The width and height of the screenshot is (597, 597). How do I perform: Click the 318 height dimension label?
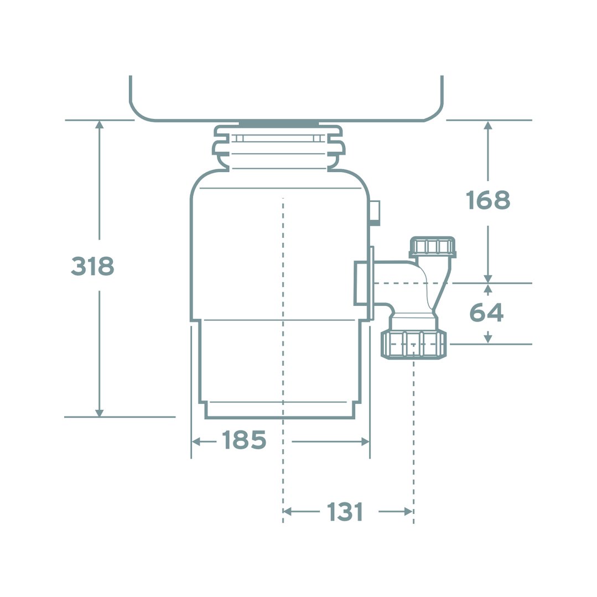click(92, 266)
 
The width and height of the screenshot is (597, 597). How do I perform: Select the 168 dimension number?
click(487, 200)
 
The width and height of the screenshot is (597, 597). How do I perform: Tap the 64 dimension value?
click(486, 313)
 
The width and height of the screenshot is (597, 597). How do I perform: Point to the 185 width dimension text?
click(244, 440)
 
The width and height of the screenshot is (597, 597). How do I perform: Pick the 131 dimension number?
click(344, 512)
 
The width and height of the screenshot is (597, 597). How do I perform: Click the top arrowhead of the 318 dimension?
click(100, 125)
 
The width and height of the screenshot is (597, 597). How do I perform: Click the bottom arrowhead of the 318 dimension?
click(100, 413)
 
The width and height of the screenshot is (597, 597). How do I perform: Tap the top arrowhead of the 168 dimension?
click(487, 126)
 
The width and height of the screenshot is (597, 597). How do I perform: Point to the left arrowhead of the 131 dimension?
click(287, 512)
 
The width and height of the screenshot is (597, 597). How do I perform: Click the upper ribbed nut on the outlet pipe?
click(433, 247)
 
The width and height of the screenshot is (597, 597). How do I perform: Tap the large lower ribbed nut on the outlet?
click(413, 344)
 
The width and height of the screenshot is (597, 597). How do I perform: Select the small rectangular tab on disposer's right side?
click(375, 213)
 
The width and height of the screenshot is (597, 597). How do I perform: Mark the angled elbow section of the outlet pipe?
click(437, 288)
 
